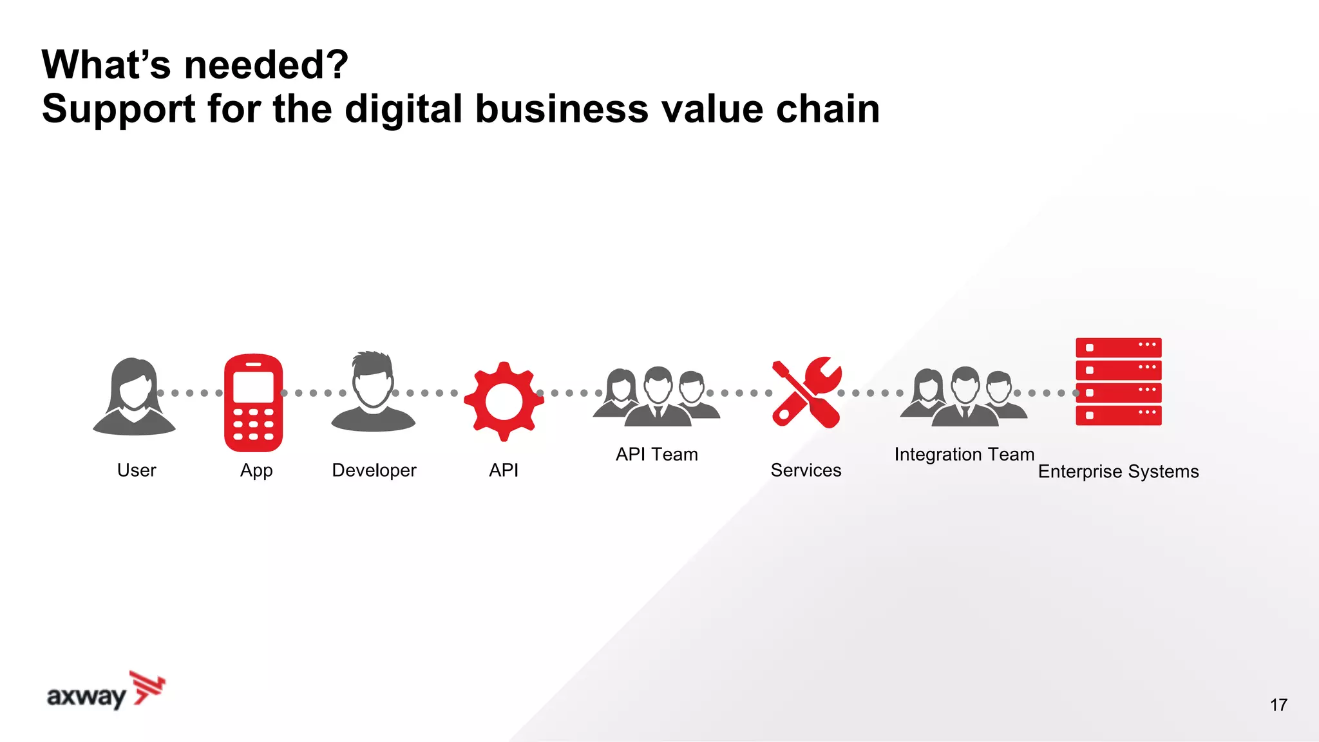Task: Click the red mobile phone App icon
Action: point(253,403)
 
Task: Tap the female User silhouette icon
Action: point(134,397)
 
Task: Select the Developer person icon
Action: point(373,392)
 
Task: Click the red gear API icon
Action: point(504,401)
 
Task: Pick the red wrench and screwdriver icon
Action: point(806,393)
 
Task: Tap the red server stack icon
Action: point(1118,381)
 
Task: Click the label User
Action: point(137,470)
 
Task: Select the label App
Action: point(256,471)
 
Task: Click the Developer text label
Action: point(374,471)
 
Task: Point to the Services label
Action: point(806,470)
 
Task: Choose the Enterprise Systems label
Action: point(1118,471)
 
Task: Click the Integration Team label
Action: point(964,454)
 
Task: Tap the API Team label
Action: point(656,454)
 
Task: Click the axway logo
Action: point(106,690)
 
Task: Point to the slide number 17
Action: point(1278,705)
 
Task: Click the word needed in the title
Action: point(266,64)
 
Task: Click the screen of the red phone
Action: point(253,386)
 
